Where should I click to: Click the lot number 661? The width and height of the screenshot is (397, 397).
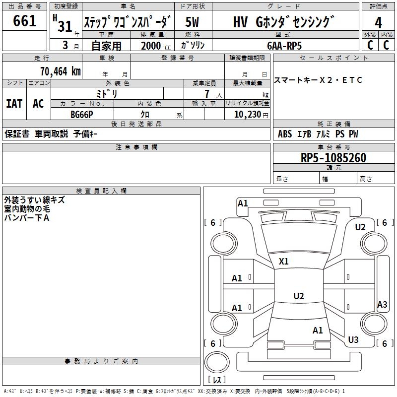(x=24, y=20)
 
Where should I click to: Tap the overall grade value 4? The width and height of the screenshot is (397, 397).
(x=378, y=22)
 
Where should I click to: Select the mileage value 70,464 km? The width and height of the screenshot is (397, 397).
(x=61, y=71)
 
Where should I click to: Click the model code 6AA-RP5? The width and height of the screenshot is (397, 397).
(x=284, y=46)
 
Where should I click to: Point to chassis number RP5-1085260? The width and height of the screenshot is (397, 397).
(x=333, y=158)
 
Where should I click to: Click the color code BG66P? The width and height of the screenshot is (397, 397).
(x=82, y=115)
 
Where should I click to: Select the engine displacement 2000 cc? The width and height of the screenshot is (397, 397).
(x=156, y=46)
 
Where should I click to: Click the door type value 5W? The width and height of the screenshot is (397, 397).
(x=192, y=22)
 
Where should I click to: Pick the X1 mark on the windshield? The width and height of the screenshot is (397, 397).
(x=283, y=262)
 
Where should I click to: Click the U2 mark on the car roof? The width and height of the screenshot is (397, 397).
(x=299, y=296)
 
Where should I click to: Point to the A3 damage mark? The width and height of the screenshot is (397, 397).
(x=382, y=304)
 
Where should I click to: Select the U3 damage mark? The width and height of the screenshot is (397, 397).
(x=353, y=339)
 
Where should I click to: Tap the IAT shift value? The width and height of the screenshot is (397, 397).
(x=14, y=104)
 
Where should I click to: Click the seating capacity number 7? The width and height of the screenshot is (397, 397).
(x=207, y=94)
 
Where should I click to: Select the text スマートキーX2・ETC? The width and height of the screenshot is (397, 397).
(x=318, y=80)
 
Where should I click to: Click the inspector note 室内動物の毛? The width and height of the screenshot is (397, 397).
(x=27, y=209)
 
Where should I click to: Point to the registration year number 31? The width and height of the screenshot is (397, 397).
(x=65, y=26)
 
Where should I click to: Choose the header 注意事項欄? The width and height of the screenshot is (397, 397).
(x=136, y=147)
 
